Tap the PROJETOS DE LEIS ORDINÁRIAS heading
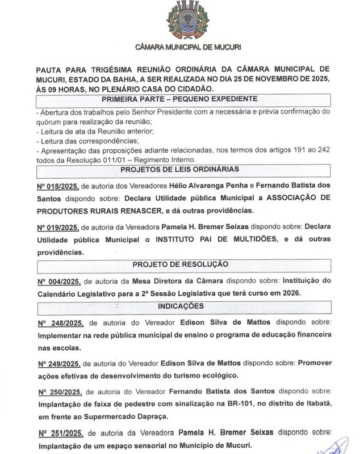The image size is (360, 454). [179, 170]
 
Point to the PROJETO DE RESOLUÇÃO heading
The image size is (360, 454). [180, 264]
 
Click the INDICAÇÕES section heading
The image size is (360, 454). [180, 306]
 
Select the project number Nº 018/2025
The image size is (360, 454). [57, 186]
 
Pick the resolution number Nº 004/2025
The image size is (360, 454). [57, 281]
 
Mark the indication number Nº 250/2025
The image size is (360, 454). [60, 392]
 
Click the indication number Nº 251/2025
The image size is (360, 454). [60, 433]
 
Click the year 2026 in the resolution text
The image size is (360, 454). [288, 293]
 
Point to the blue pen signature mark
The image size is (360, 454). [337, 446]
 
